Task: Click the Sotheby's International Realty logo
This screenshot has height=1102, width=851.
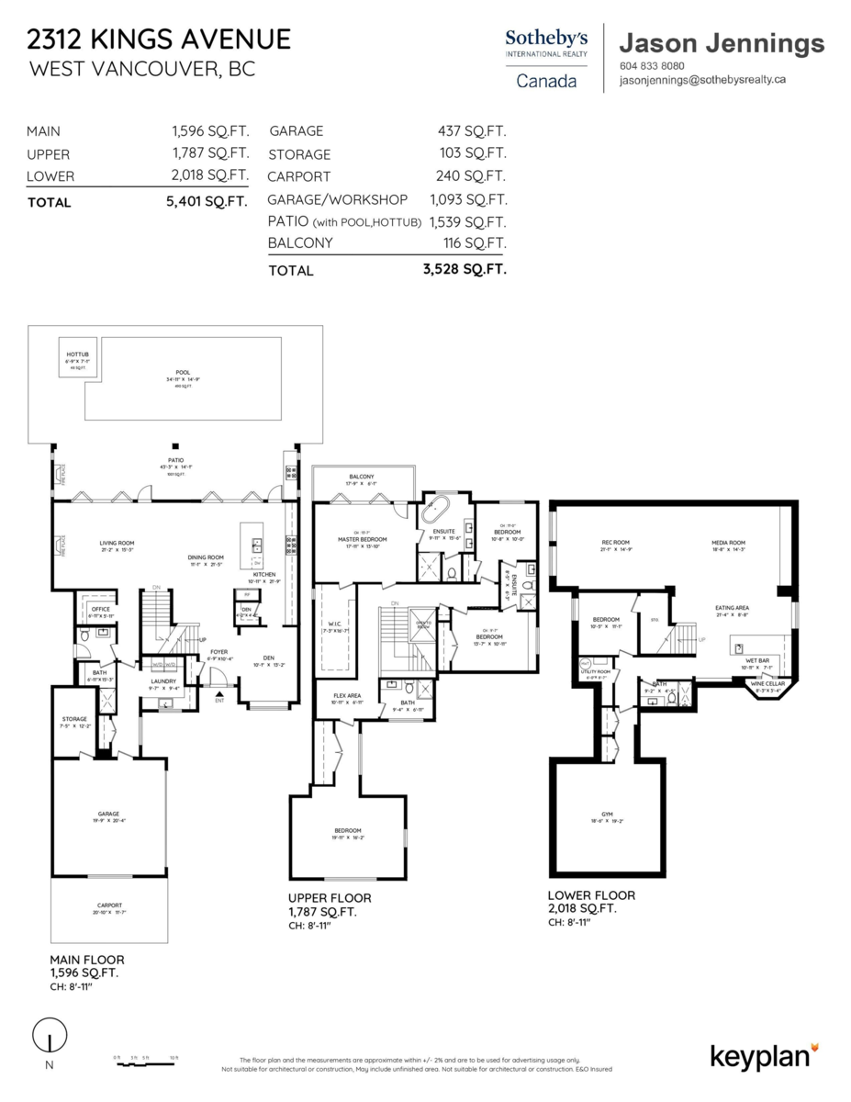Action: [x=546, y=57]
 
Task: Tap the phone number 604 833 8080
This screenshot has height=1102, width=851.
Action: [x=653, y=66]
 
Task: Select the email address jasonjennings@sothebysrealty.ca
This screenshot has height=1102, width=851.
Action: [x=703, y=80]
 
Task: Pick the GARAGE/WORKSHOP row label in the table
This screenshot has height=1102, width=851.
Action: [x=337, y=199]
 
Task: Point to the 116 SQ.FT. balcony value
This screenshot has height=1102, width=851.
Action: [x=474, y=243]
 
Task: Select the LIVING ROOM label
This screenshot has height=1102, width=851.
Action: [x=118, y=544]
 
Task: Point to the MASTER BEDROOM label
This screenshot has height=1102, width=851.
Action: [x=362, y=539]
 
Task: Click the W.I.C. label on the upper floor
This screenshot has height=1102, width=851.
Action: [x=332, y=626]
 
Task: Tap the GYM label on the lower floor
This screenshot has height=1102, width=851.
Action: [x=607, y=815]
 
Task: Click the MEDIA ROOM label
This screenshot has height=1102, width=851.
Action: [x=728, y=543]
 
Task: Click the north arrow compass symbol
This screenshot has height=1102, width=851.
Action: [x=49, y=1038]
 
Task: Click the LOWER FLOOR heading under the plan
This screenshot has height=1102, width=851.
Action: [x=591, y=895]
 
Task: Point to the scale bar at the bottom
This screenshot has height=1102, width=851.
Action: [x=145, y=1059]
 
